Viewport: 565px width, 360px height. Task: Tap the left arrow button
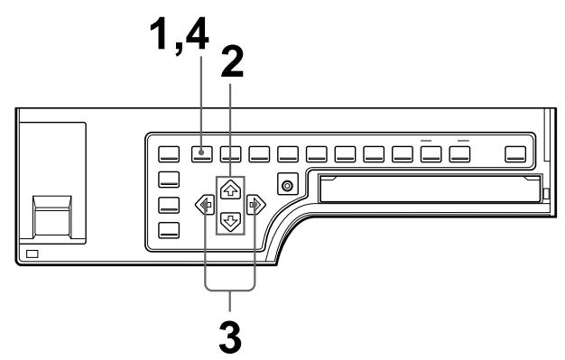(x=201, y=206)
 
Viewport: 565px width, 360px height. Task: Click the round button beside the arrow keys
(x=288, y=187)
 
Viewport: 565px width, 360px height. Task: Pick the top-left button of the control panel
(x=169, y=153)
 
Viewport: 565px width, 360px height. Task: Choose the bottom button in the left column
(x=169, y=228)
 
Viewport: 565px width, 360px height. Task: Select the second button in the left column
(x=169, y=179)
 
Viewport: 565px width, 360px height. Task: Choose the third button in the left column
(x=169, y=204)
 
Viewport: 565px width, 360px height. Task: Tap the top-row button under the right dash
(x=462, y=154)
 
